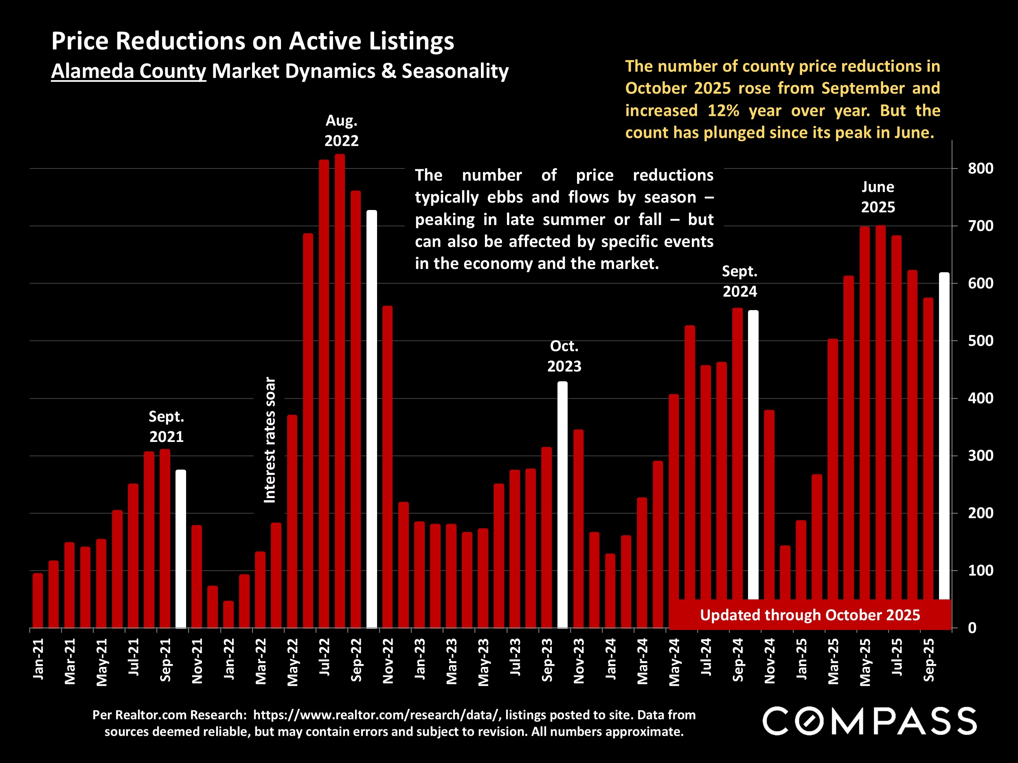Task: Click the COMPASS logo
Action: coord(869,721)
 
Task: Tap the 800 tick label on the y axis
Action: coord(980,168)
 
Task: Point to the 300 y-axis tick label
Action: coord(980,456)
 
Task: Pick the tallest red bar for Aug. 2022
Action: coord(340,391)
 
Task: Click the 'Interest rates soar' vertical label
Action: coord(270,440)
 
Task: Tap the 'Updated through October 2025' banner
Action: coord(810,615)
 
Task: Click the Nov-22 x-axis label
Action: coord(388,661)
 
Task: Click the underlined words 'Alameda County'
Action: coord(128,71)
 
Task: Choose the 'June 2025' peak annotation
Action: coord(878,197)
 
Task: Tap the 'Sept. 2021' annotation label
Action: coord(166,426)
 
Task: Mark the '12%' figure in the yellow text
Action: coord(723,111)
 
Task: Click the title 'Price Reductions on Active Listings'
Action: coord(252,41)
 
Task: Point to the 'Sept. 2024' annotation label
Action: coord(739,281)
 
